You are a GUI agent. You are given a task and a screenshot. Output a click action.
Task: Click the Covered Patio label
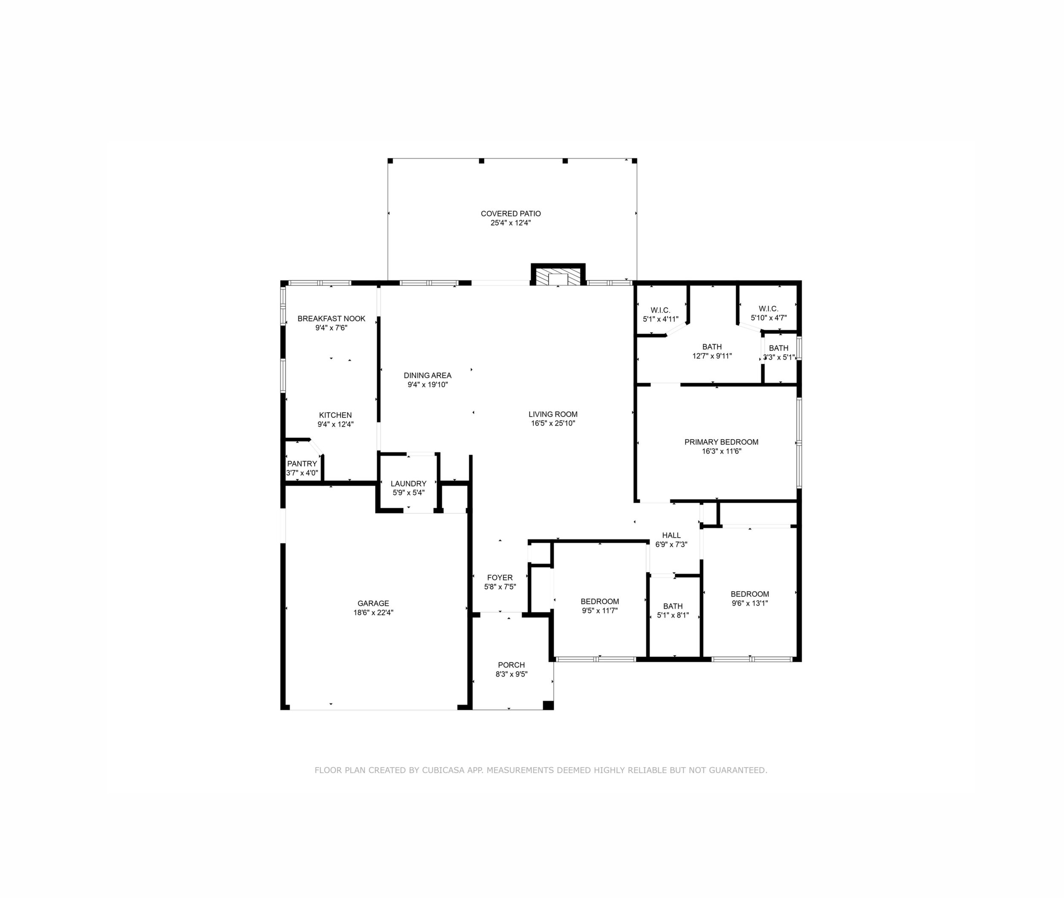tap(510, 214)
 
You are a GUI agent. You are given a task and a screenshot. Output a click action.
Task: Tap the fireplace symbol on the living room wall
tap(558, 276)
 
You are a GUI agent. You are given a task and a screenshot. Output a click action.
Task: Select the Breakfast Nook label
tap(331, 319)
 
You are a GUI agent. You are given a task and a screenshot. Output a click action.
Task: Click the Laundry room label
tap(408, 484)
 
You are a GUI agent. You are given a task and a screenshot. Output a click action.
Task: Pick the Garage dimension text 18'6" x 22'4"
tap(373, 613)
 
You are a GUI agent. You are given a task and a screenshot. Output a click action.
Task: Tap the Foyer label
tap(500, 577)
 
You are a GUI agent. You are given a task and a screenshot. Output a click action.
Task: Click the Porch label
tap(512, 665)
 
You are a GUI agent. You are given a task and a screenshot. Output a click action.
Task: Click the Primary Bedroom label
tap(721, 442)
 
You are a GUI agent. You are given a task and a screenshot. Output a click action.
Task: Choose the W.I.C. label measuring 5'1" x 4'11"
tap(660, 310)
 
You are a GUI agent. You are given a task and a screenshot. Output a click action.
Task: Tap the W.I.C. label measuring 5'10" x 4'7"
tap(768, 308)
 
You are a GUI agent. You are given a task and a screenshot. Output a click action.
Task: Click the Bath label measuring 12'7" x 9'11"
tap(712, 347)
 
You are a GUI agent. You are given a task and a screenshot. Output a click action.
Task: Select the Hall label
tap(671, 535)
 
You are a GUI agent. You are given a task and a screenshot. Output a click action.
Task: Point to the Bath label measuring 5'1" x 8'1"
tap(673, 606)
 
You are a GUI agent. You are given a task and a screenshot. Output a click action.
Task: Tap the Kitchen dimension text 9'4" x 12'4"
tap(335, 424)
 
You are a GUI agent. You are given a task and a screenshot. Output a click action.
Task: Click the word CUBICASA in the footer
tap(443, 770)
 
